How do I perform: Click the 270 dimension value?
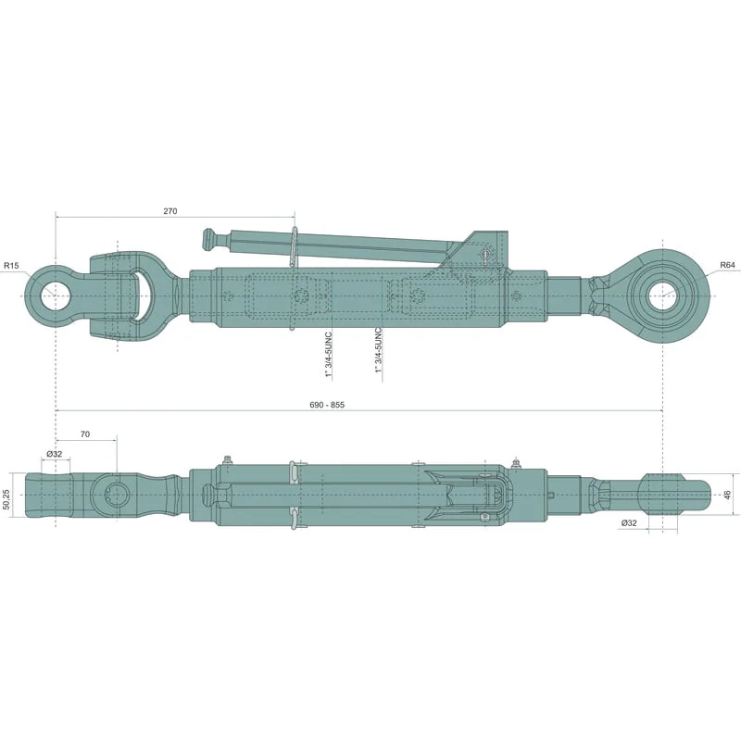click(170, 211)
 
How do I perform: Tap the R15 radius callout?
click(11, 266)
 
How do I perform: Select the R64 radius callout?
click(727, 266)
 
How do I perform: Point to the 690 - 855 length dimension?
click(327, 405)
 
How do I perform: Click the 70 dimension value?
click(85, 433)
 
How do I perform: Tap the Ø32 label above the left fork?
click(55, 454)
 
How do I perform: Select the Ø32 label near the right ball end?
click(629, 522)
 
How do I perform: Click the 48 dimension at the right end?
click(728, 495)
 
